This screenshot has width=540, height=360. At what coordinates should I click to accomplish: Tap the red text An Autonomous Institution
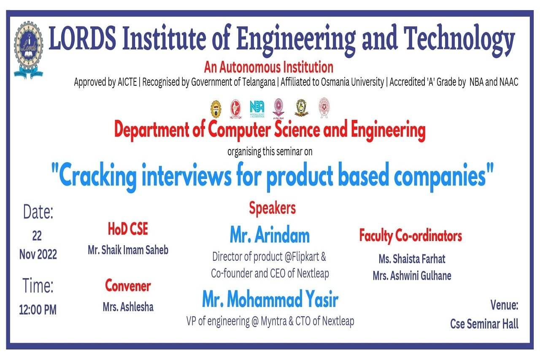(269, 67)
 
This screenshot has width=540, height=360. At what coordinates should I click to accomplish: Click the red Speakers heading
(272, 208)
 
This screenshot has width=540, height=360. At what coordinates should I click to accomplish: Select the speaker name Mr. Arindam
(270, 235)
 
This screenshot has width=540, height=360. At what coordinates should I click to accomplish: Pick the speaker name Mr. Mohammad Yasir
(270, 300)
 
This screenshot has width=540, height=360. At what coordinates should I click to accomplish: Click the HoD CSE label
(128, 229)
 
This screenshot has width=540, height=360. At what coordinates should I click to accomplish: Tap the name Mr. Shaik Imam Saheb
(128, 250)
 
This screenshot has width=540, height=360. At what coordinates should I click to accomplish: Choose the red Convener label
(128, 286)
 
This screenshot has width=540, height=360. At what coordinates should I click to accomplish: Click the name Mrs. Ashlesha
(128, 307)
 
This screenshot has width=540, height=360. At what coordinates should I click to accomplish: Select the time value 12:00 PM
(38, 310)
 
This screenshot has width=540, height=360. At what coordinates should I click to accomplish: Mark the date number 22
(37, 235)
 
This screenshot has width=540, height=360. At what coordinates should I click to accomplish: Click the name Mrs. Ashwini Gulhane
(412, 276)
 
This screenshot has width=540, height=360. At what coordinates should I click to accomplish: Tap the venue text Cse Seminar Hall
(484, 324)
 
